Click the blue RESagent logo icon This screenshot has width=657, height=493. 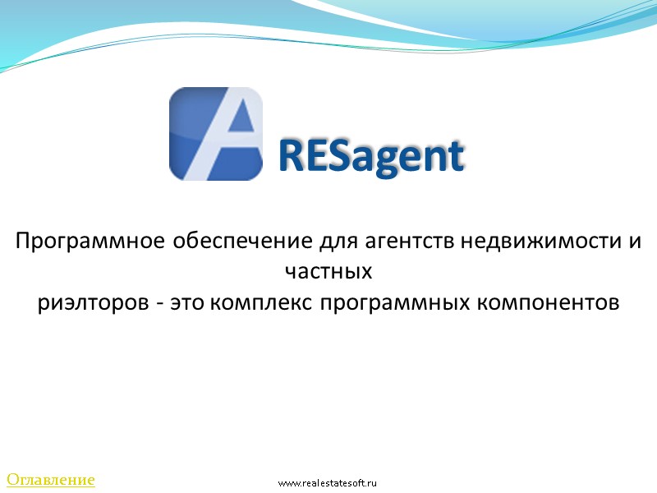(215, 135)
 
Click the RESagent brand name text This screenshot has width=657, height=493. (371, 156)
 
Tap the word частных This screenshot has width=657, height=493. (328, 272)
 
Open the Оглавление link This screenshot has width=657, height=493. (51, 479)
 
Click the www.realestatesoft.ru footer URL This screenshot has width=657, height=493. (327, 483)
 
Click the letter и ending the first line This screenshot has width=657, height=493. (635, 242)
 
